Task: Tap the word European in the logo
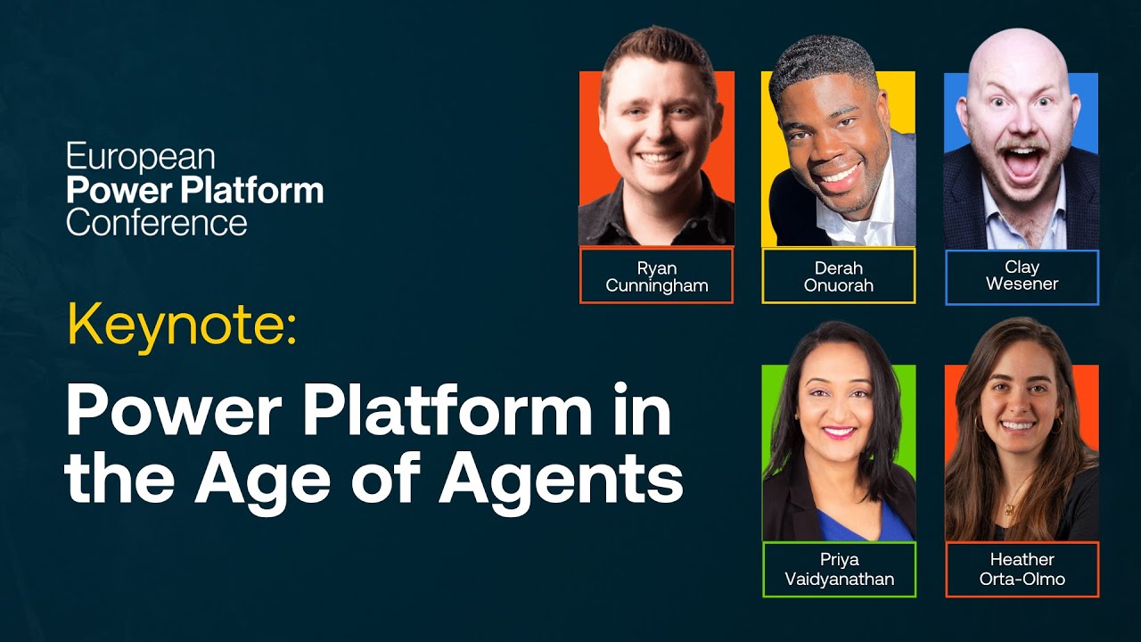coord(141,157)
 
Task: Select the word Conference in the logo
coord(157,223)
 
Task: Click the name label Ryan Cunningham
coord(657,276)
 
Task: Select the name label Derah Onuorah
coord(839,276)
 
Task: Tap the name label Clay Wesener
coord(1022,276)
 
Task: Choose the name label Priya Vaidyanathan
coord(840,569)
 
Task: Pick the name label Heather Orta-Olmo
coord(1022,569)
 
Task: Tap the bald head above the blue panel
coord(1018,56)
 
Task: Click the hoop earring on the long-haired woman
coord(980,424)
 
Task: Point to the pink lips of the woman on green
coord(839,432)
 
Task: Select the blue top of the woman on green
coord(861,525)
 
